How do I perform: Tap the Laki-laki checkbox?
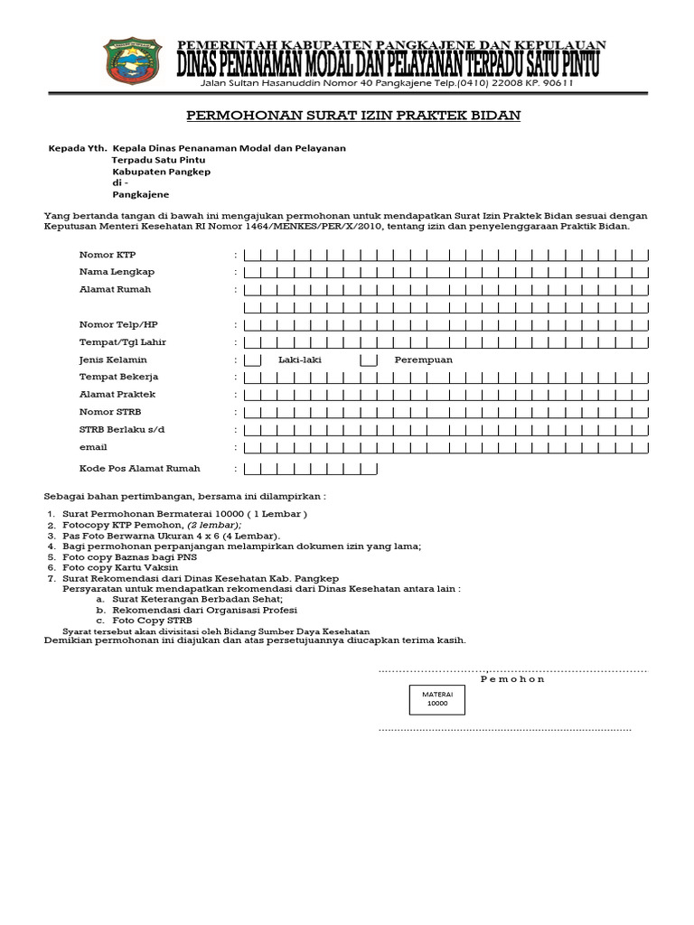[253, 360]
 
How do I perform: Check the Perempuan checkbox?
[369, 360]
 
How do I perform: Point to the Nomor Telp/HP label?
[118, 324]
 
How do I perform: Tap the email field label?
[93, 447]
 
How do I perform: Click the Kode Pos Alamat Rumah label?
[140, 469]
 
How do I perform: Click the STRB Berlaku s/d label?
[121, 430]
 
